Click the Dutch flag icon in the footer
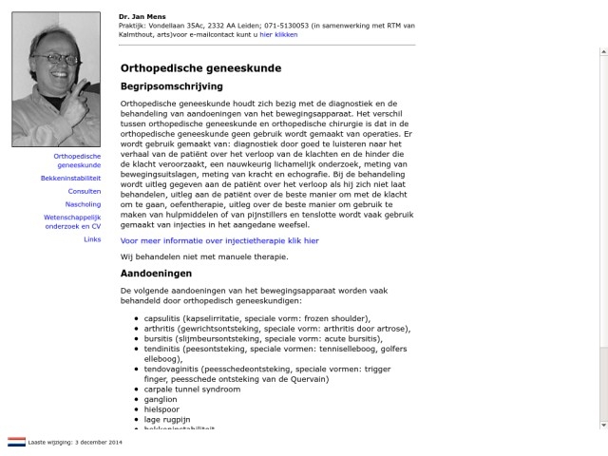point(17,442)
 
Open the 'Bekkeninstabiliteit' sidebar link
point(70,178)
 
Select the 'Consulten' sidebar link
point(84,191)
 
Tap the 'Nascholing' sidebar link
point(83,204)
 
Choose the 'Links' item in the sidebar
point(92,239)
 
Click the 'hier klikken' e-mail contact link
point(278,34)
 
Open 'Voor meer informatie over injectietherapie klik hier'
point(219,241)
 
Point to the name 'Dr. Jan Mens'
point(139,16)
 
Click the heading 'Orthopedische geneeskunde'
point(200,68)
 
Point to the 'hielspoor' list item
point(161,409)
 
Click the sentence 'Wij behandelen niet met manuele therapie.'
point(203,256)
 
